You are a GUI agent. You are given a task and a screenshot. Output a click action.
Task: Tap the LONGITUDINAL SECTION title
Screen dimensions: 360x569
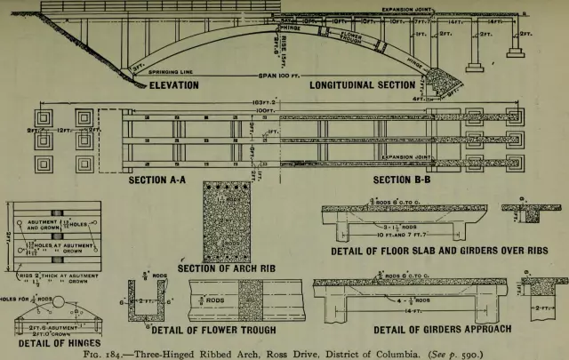[x=362, y=85]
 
